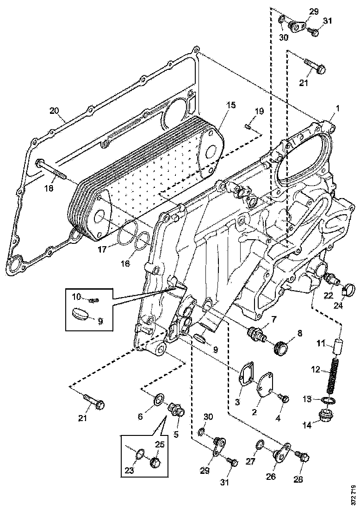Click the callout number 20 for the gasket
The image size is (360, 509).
click(x=55, y=111)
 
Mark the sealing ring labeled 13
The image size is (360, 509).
click(x=328, y=400)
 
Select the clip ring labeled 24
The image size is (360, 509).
click(x=348, y=292)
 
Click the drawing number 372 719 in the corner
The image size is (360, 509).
click(x=354, y=494)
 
